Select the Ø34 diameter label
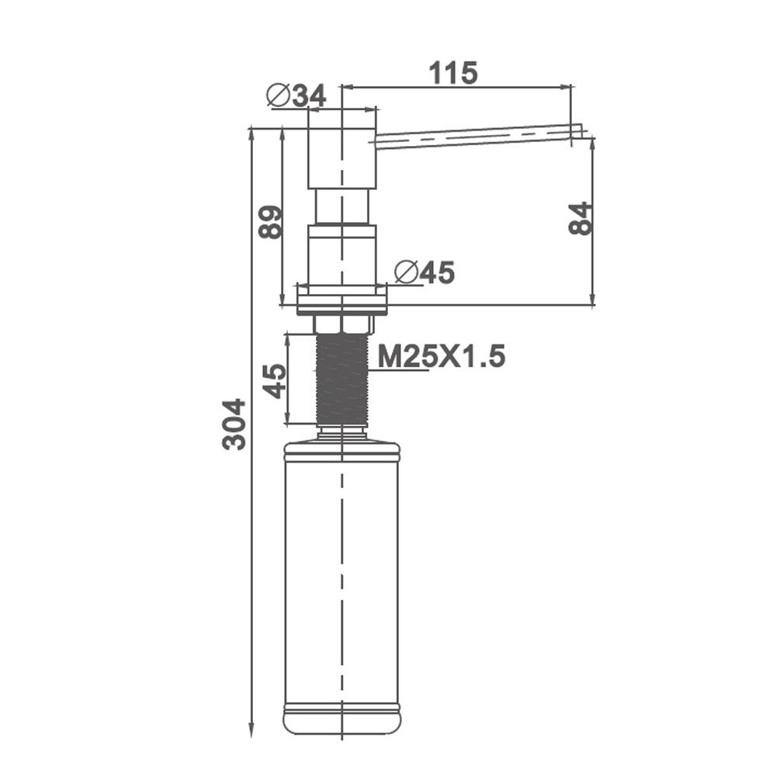[x=296, y=95]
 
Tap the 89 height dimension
[x=270, y=222]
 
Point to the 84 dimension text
[x=580, y=218]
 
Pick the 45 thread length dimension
[x=275, y=380]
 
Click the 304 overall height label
[x=234, y=424]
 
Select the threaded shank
[x=342, y=379]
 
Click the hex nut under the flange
[x=342, y=324]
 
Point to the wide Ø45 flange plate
[x=342, y=299]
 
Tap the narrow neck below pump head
[x=341, y=207]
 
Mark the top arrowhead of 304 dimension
[x=251, y=132]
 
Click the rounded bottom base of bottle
[x=342, y=720]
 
